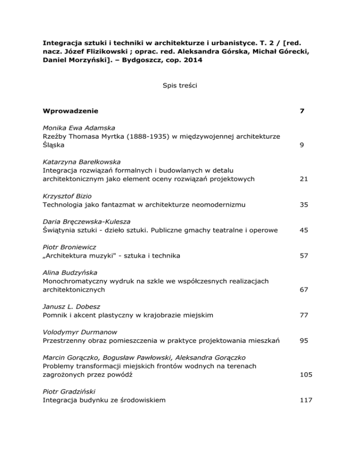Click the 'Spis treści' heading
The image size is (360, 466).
(x=180, y=85)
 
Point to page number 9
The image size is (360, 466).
(x=295, y=145)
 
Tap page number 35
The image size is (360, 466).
(x=297, y=204)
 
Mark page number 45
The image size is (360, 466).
(x=297, y=230)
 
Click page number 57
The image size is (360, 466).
(x=297, y=256)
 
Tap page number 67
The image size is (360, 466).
(x=297, y=290)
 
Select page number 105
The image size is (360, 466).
(x=299, y=375)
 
